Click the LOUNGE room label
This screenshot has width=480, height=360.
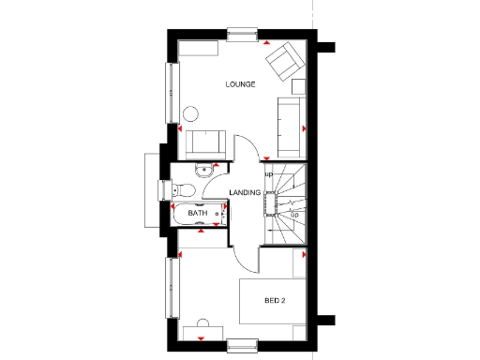[241, 84]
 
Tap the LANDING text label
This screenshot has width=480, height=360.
[244, 192]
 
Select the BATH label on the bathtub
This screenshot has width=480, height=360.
[197, 214]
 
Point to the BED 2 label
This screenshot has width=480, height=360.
[274, 301]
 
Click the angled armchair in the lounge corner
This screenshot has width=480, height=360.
[283, 64]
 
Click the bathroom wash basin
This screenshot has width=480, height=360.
[203, 172]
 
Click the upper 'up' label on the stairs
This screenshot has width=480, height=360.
[268, 174]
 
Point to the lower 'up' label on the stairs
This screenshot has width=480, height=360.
[294, 216]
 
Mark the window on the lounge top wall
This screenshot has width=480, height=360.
[241, 37]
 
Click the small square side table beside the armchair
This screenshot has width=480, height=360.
[299, 86]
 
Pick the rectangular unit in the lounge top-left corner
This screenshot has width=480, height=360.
[200, 48]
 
